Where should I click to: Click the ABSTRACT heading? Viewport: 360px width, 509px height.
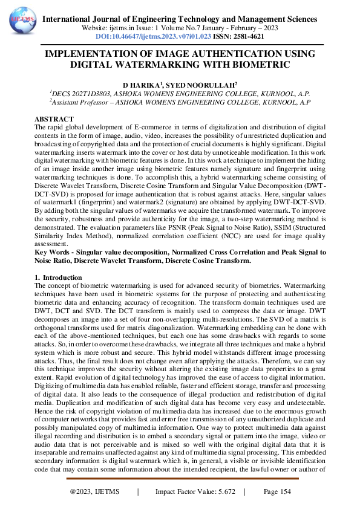coord(54,119)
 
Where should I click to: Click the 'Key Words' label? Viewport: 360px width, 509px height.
coord(53,251)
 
